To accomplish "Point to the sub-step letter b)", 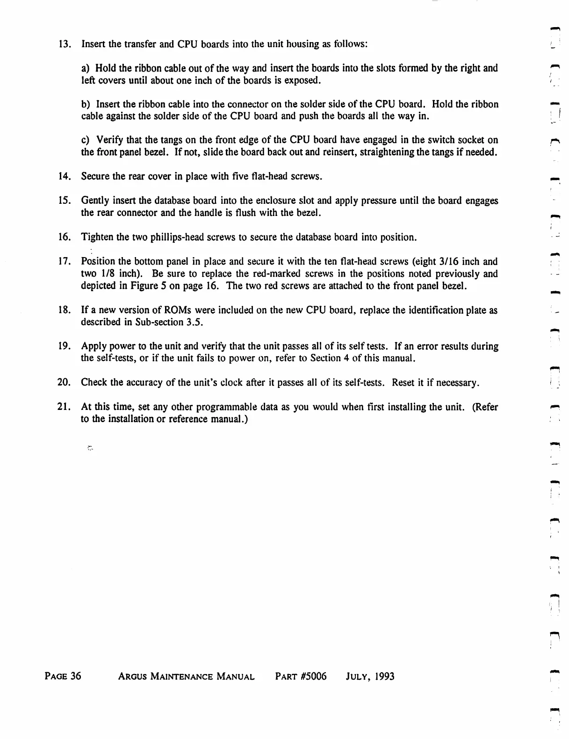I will click(x=86, y=104).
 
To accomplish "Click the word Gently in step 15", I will click(x=95, y=201).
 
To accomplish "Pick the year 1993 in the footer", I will click(x=382, y=676).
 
